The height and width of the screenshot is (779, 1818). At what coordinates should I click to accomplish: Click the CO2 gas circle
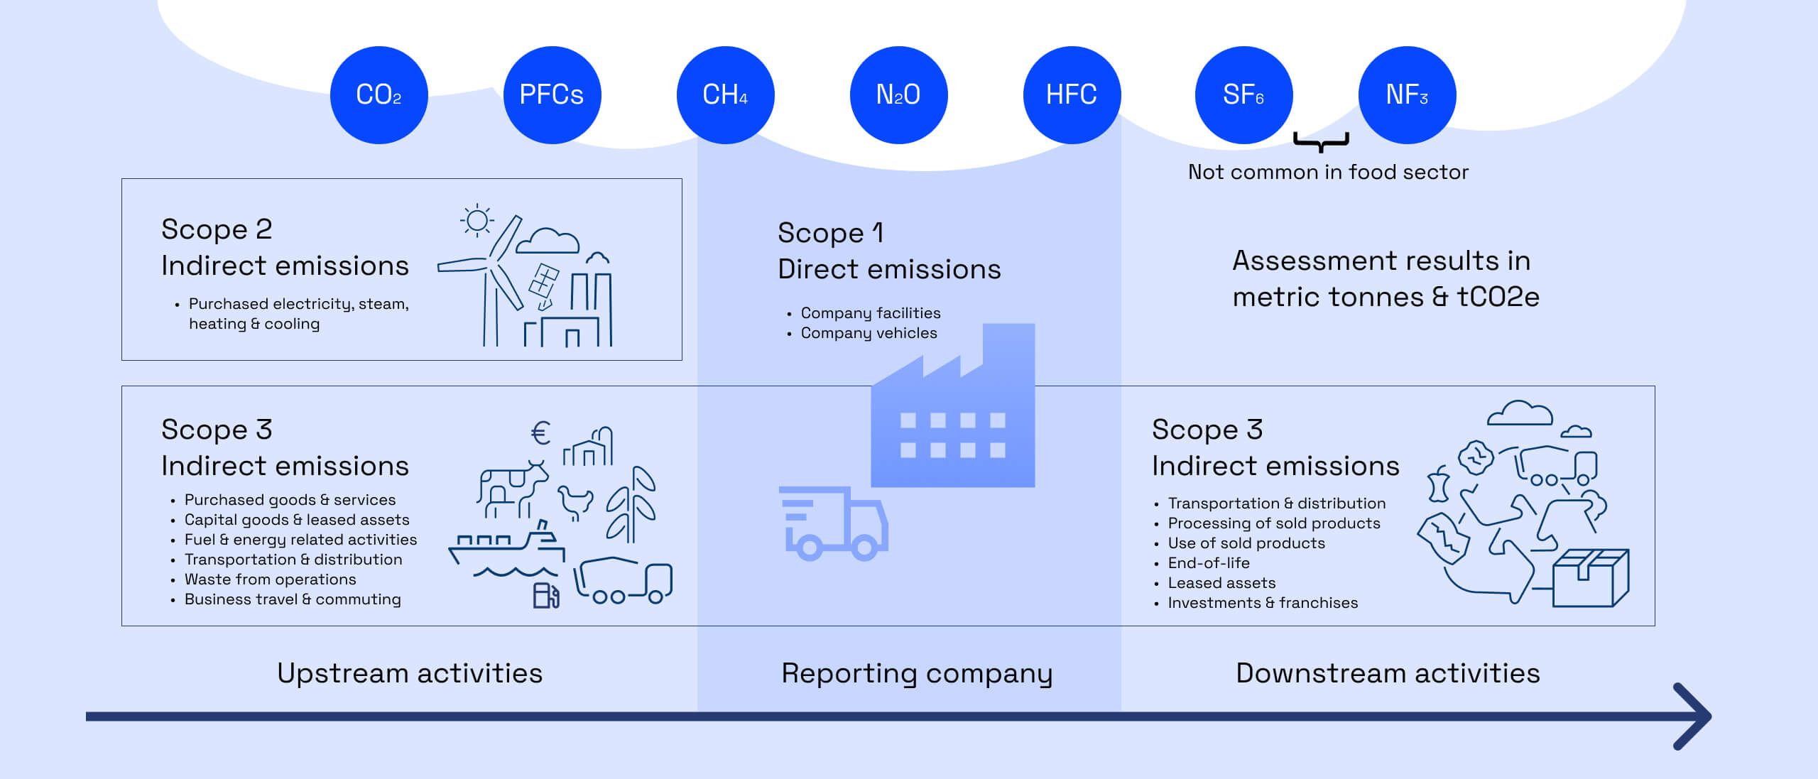coord(379,95)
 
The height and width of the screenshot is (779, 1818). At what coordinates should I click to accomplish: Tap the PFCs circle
coord(552,95)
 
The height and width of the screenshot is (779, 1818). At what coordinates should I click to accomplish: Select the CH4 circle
coord(725,95)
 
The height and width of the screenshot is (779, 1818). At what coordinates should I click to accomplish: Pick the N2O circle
coord(898,95)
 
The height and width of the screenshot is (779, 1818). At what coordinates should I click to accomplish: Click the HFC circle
coord(1072,95)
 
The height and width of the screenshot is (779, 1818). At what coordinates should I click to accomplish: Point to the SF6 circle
coord(1243,95)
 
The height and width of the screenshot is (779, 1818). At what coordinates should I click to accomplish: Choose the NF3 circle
coord(1407,95)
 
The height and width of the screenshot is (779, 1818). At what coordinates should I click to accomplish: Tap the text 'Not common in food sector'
coord(1328,173)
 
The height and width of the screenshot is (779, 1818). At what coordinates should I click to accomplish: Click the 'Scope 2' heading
coord(217,229)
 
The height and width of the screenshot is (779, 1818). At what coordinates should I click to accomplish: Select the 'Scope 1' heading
coord(830,233)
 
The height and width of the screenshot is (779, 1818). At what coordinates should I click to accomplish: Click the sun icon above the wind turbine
coord(477,221)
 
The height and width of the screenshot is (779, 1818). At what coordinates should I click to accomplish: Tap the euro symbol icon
coord(540,432)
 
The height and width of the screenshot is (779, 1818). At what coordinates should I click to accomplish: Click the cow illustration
coord(511,487)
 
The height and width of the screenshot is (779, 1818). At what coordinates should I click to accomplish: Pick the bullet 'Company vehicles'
coord(869,333)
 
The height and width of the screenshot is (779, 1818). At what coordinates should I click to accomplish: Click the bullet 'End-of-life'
coord(1208,563)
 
